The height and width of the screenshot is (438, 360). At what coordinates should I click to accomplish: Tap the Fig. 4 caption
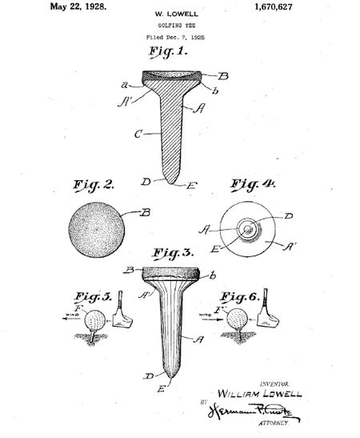pos(254,186)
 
